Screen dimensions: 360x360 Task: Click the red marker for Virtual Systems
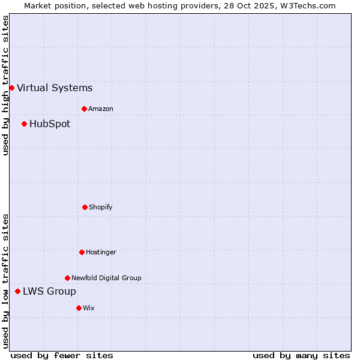(x=11, y=88)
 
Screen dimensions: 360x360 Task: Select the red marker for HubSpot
(x=24, y=124)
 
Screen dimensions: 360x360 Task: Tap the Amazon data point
(x=84, y=109)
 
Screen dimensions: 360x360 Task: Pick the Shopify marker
(x=85, y=207)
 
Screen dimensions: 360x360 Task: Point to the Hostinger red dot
(x=82, y=252)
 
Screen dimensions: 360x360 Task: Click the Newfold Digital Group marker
(x=67, y=278)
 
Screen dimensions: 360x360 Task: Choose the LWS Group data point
(x=17, y=291)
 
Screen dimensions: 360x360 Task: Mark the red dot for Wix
(x=79, y=308)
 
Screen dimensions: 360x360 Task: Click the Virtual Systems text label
(x=55, y=88)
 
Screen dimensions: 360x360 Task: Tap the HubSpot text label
(x=50, y=124)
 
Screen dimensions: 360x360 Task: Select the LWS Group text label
(x=49, y=291)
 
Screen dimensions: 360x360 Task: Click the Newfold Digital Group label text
(x=106, y=278)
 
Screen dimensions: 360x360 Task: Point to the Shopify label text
(x=100, y=207)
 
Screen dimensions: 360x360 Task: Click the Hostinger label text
(x=101, y=252)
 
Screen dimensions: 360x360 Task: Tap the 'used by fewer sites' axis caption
(x=62, y=355)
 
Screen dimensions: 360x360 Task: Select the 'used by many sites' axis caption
(x=301, y=355)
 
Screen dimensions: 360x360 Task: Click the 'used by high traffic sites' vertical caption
(x=5, y=85)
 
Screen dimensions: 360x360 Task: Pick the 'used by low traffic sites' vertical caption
(x=5, y=281)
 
